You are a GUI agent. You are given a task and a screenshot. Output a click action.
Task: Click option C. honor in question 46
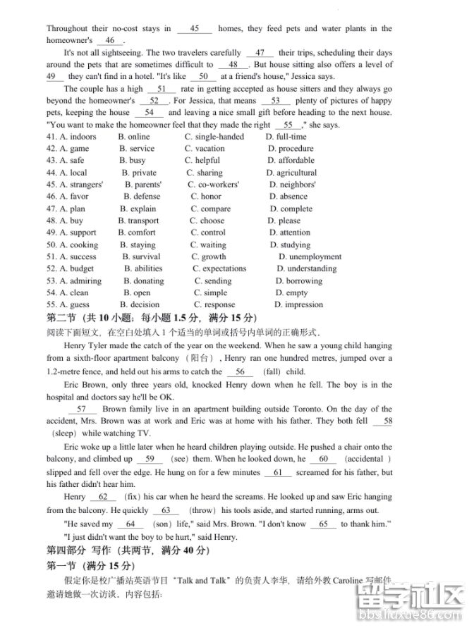[205, 197]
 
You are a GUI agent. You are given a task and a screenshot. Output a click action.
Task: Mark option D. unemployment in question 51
[310, 257]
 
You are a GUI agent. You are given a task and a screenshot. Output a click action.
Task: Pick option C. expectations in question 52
[219, 268]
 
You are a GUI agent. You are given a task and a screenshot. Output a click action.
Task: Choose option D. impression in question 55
[298, 304]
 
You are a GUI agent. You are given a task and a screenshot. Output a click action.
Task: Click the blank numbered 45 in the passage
[195, 29]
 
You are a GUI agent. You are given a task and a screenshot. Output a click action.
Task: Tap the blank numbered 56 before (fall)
[240, 371]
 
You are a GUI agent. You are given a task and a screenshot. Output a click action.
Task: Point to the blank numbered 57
[82, 409]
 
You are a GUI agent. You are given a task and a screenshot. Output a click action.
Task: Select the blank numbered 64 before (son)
[130, 524]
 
